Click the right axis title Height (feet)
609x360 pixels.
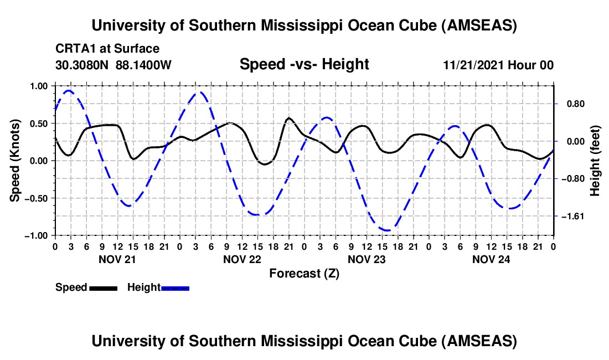click(595, 161)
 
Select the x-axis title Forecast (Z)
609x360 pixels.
click(304, 273)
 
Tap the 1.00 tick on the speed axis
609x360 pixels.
click(39, 86)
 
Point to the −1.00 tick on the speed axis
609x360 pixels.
click(37, 235)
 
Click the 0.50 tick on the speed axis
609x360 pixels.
click(39, 123)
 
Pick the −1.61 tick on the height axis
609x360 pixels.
click(573, 216)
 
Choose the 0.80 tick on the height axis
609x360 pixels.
click(573, 104)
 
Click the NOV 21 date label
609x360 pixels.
click(117, 259)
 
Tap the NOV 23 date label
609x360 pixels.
click(366, 259)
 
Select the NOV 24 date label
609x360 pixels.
click(491, 259)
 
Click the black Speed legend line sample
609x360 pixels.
click(103, 287)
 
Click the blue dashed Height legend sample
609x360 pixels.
click(176, 287)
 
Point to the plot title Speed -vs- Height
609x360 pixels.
click(304, 64)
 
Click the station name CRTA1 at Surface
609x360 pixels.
click(107, 49)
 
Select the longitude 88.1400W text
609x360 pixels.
click(143, 65)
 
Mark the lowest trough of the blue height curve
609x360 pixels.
click(387, 230)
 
